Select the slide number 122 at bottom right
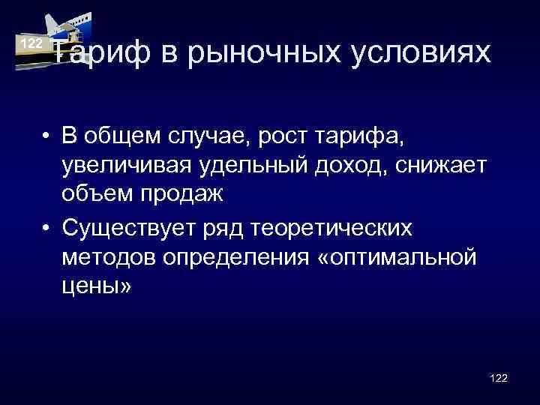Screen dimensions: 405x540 click(498, 378)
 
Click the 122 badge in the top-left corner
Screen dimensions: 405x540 click(31, 44)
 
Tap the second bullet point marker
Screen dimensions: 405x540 click(46, 226)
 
